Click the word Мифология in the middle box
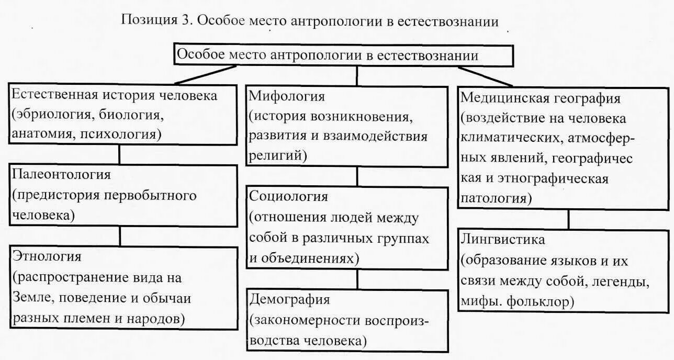click(x=287, y=97)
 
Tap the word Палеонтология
click(x=62, y=174)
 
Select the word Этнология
click(x=47, y=256)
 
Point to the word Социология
click(x=289, y=197)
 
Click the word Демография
click(x=290, y=299)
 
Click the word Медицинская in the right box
click(x=503, y=98)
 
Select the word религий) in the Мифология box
click(x=277, y=155)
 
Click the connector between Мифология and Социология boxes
click(x=357, y=177)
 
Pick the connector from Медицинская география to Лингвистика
click(x=569, y=219)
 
